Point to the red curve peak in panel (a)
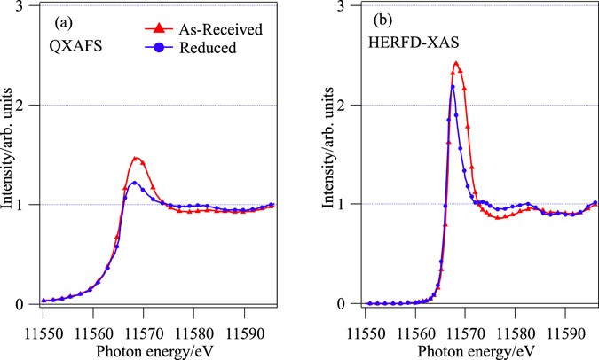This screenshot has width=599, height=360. tap(135, 159)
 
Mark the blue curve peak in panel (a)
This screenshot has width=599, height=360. tap(133, 183)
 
